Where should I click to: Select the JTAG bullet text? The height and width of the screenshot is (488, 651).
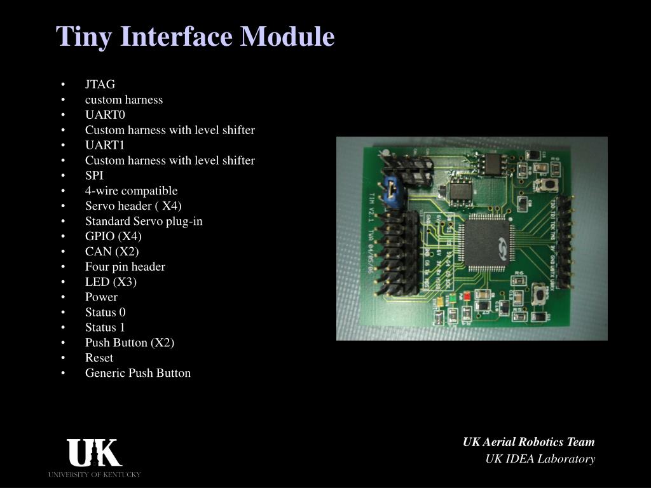[100, 85]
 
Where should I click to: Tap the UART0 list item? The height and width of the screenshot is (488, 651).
[105, 115]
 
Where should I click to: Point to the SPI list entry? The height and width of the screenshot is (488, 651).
[94, 176]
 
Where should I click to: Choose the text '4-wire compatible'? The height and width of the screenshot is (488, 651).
[131, 191]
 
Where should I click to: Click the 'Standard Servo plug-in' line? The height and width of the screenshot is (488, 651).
[144, 222]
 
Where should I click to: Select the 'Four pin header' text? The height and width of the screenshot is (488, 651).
[125, 267]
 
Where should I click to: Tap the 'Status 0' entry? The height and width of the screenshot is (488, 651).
[105, 312]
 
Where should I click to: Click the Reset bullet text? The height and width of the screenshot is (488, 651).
[99, 358]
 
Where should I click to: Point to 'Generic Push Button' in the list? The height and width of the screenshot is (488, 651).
[137, 373]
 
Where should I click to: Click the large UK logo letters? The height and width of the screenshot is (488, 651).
[94, 454]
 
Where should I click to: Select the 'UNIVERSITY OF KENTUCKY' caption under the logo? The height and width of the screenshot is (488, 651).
[94, 475]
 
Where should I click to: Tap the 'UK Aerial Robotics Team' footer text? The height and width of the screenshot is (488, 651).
[528, 442]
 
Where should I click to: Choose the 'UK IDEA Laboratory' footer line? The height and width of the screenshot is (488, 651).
[540, 459]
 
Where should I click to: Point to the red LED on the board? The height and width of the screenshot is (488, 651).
[467, 295]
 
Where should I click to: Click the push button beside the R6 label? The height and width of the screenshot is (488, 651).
[542, 294]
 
